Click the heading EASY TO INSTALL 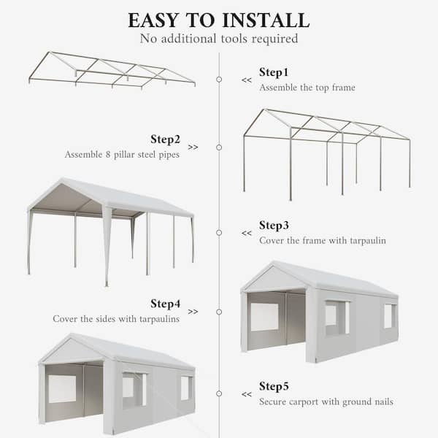pos(219,20)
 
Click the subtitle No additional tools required pos(219,39)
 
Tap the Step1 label pos(274,72)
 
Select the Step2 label pos(165,139)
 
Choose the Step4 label pos(165,303)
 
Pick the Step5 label pos(274,386)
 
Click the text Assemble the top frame pos(307,88)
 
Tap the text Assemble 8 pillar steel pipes pos(122,154)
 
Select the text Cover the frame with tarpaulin pos(322,240)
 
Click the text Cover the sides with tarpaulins pos(115,319)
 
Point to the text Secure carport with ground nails pos(326,401)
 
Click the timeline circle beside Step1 pos(219,80)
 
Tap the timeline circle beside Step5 pos(219,394)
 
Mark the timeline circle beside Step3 pos(219,233)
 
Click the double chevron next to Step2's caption pos(193,147)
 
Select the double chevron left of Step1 pos(246,80)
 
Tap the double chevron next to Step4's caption pos(193,312)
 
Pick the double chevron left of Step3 pos(246,234)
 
